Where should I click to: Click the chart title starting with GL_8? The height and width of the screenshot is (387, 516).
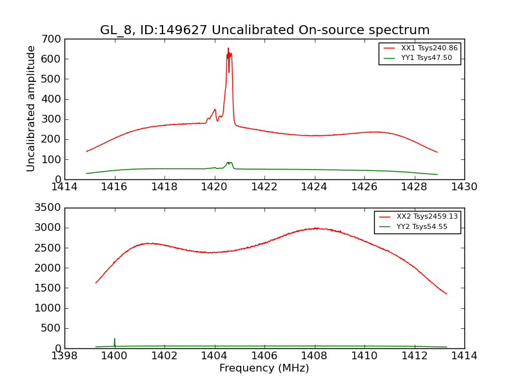coord(264,30)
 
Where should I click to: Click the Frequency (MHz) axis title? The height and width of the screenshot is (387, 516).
coord(264,368)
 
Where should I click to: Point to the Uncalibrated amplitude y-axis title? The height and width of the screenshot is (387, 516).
coord(31,108)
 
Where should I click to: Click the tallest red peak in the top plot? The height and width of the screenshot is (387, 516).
coord(228,49)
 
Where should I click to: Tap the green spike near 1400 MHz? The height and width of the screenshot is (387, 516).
coord(115,340)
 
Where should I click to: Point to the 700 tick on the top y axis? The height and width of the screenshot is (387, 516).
coord(54,39)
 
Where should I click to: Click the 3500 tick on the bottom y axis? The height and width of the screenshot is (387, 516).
coord(49,208)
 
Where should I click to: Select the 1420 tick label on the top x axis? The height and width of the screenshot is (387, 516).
coord(214,187)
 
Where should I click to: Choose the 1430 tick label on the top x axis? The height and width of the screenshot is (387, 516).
coord(464,187)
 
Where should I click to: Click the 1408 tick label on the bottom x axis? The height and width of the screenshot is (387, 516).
coord(314,356)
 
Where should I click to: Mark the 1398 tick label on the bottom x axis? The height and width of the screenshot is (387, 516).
coord(64,356)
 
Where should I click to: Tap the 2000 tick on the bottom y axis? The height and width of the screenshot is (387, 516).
coord(49,268)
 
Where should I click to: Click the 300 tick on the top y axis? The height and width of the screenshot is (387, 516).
coord(54,119)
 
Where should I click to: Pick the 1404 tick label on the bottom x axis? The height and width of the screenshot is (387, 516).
coord(214,356)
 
